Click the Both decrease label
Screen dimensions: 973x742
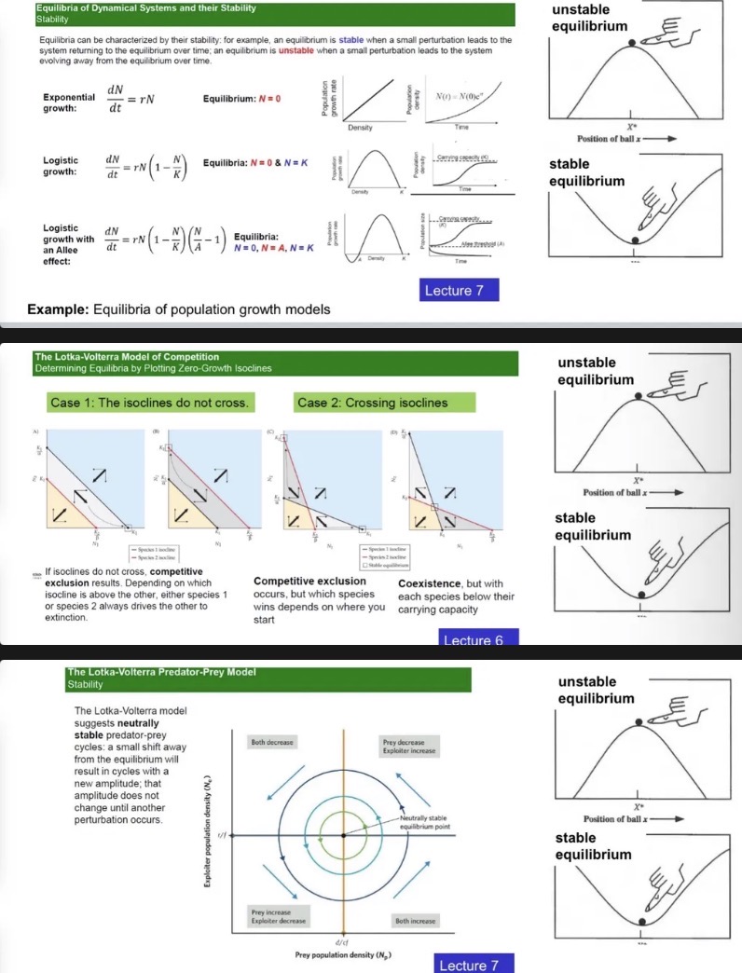272,743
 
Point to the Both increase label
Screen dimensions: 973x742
415,920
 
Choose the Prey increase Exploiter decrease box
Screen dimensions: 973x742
271,916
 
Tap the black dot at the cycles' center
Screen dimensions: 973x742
344,834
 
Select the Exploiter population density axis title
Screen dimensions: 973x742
208,833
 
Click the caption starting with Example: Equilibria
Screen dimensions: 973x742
178,308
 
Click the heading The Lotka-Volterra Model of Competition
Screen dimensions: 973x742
127,356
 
